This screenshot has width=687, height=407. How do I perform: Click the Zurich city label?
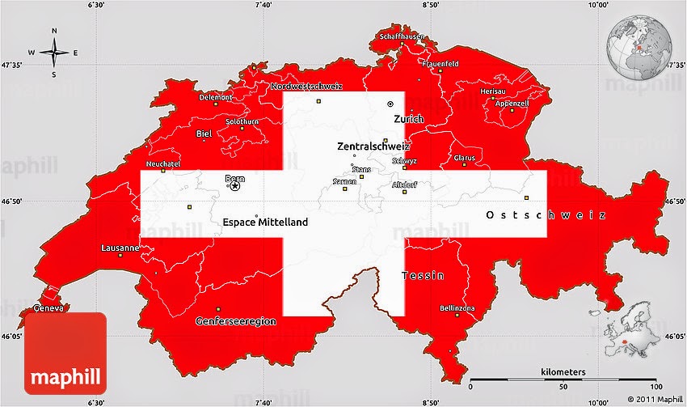[408, 119]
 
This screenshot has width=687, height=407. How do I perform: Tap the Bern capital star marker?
[235, 186]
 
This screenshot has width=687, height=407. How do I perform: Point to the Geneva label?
[48, 309]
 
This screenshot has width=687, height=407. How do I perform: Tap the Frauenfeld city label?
[440, 63]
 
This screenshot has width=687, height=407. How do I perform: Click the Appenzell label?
[512, 104]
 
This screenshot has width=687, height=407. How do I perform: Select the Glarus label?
[465, 157]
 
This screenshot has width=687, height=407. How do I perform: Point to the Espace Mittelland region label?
[265, 221]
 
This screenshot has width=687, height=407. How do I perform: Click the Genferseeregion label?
[236, 321]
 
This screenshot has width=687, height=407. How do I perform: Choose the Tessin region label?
[424, 276]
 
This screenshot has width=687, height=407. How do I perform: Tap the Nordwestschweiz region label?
[306, 86]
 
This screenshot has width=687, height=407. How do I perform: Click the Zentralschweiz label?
[373, 147]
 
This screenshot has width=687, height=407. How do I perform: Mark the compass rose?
[54, 53]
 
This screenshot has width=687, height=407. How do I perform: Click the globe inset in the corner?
[639, 45]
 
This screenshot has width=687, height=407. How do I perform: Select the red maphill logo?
[65, 354]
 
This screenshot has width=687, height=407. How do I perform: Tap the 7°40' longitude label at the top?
[262, 5]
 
